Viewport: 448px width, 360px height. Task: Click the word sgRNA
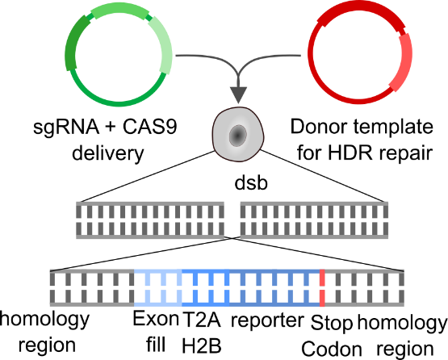[66, 128]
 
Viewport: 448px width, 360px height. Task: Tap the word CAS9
[150, 127]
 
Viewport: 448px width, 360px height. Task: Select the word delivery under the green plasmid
[107, 153]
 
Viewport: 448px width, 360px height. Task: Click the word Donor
[320, 127]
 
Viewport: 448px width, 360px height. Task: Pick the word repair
[406, 154]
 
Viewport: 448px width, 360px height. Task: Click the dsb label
[251, 183]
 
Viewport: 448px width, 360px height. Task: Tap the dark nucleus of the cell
[237, 136]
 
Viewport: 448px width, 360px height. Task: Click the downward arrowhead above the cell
[238, 95]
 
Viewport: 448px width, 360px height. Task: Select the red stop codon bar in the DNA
[322, 288]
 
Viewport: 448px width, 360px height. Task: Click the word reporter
[267, 320]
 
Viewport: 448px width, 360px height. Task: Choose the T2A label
[202, 319]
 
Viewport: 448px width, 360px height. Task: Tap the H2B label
[202, 345]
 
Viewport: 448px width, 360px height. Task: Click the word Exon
[156, 319]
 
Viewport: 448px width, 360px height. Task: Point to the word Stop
[332, 323]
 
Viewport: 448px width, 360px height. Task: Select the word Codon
[332, 350]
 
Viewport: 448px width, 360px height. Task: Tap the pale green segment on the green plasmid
[161, 45]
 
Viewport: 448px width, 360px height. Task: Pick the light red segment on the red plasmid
[402, 62]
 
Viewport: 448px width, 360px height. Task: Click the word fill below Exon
[156, 345]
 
